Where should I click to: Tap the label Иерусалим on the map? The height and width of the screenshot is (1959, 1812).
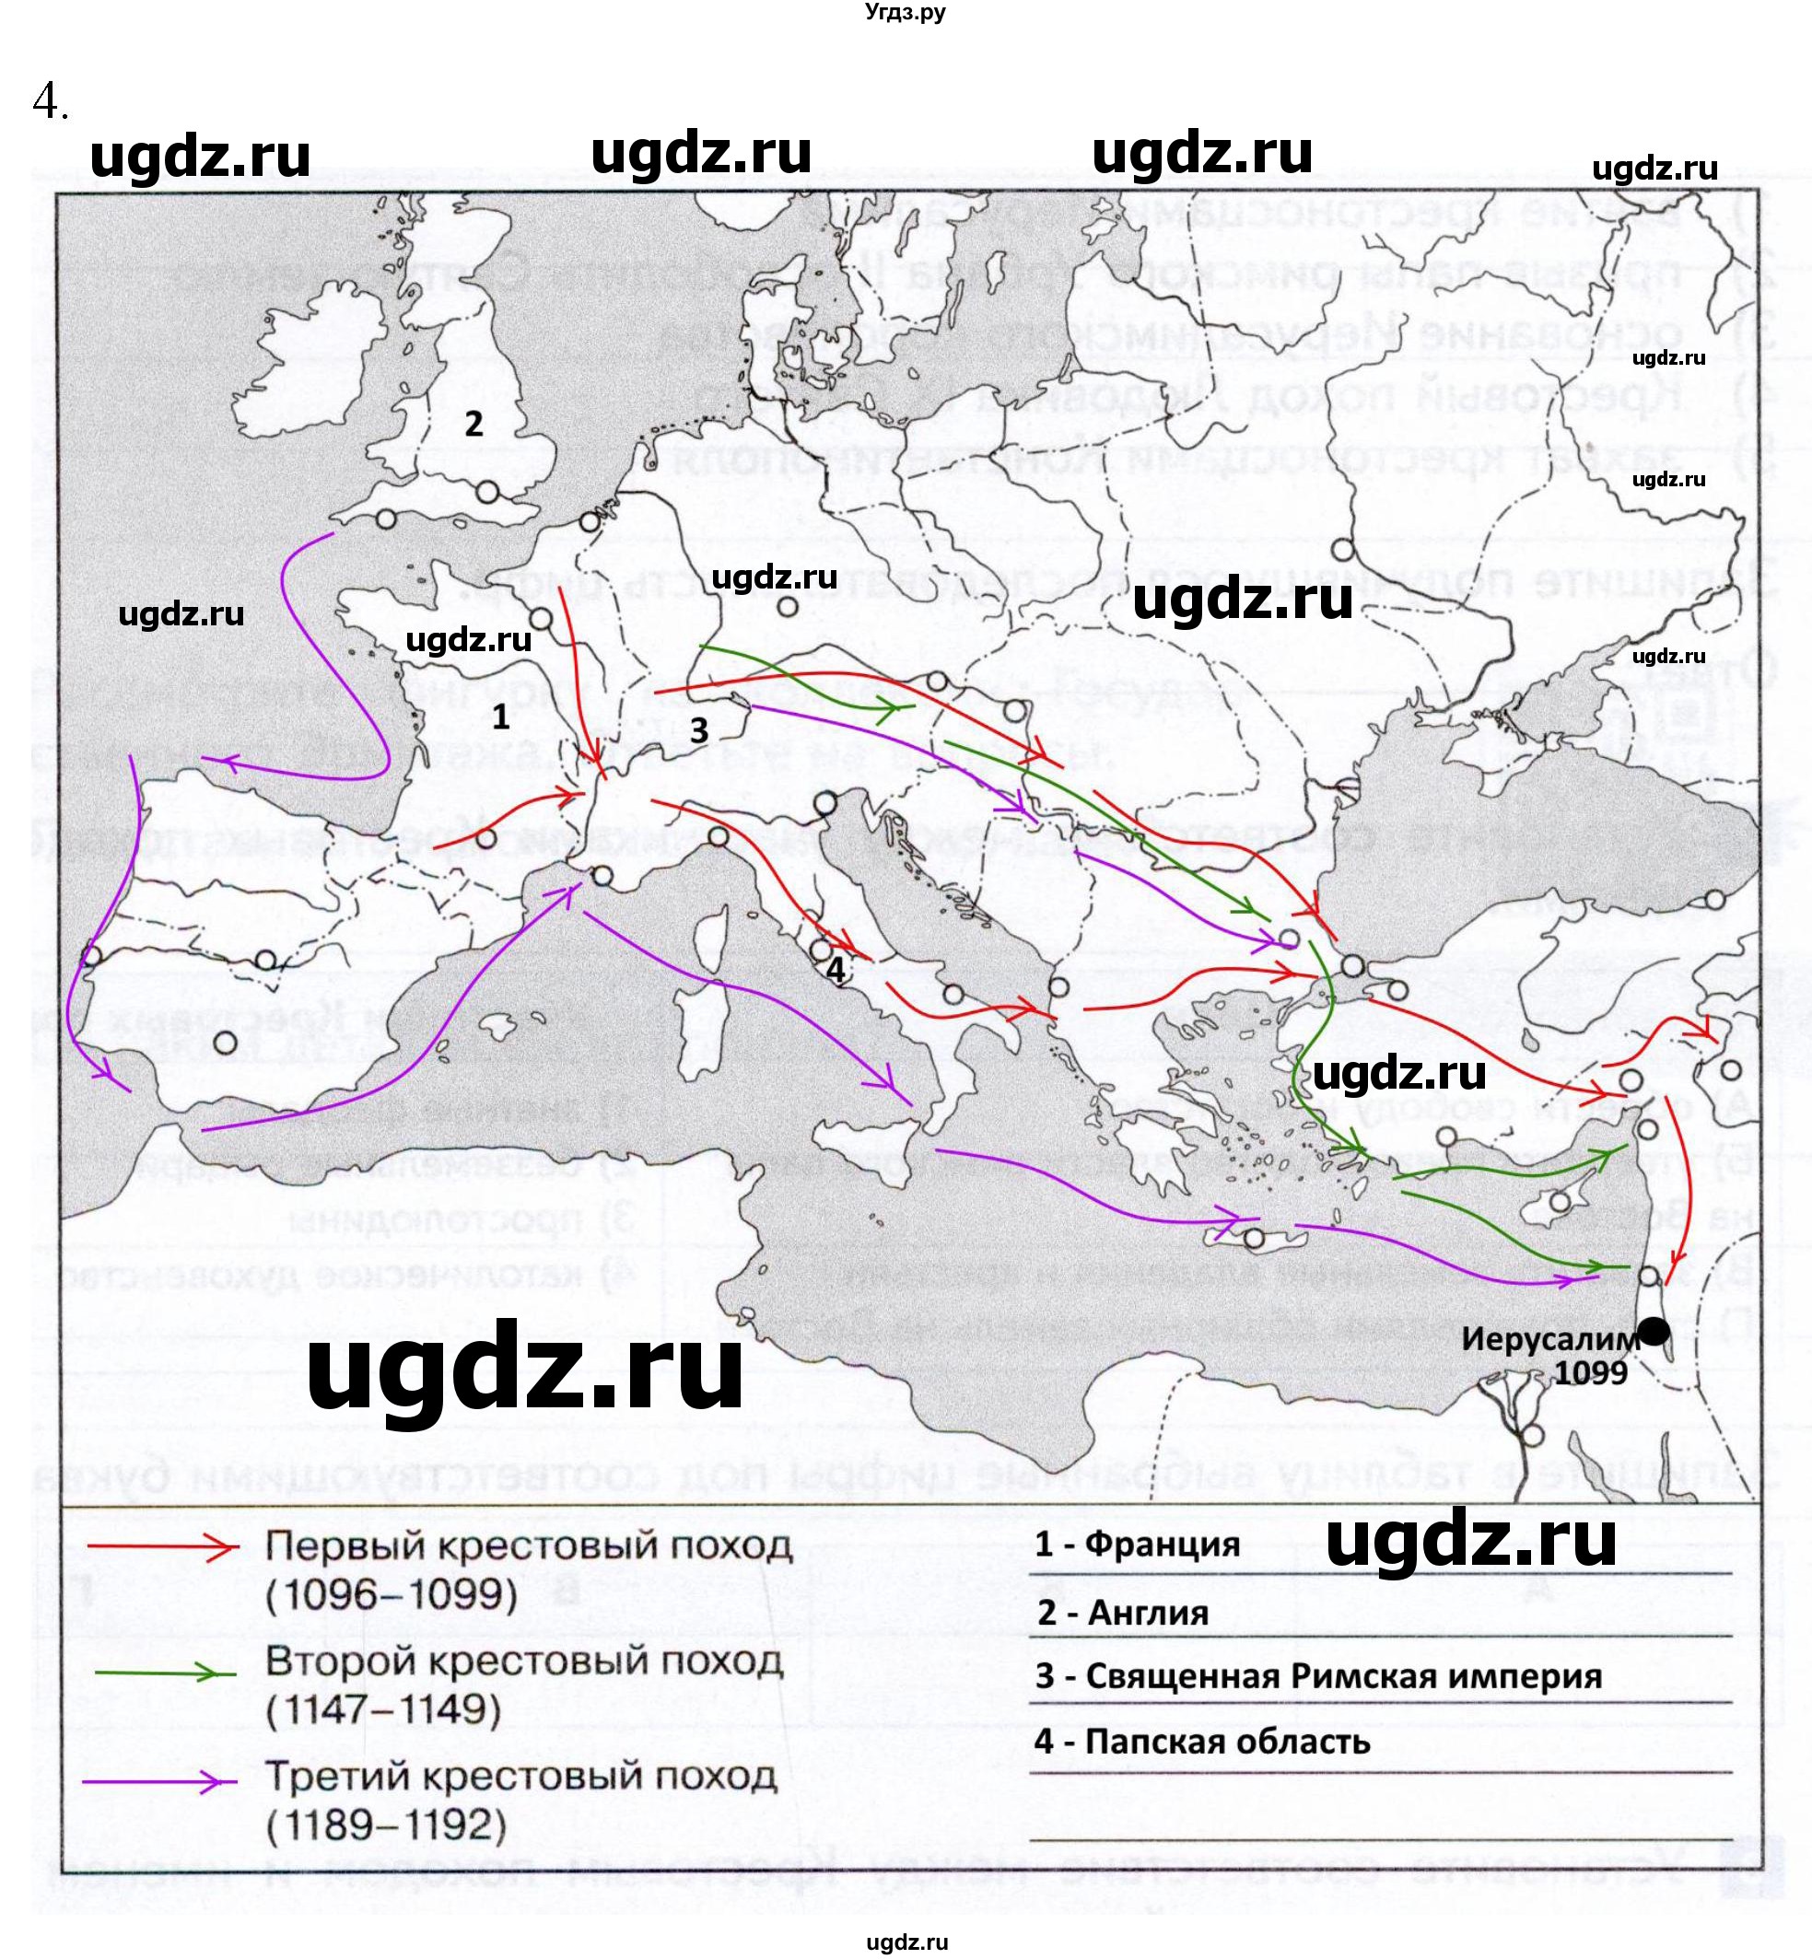click(1550, 1339)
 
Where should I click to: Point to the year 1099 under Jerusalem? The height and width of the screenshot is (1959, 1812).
click(1590, 1372)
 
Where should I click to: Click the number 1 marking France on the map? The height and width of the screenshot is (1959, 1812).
click(501, 717)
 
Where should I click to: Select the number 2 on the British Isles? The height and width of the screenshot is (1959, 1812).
click(473, 425)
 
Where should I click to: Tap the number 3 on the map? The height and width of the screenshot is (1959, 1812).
click(698, 730)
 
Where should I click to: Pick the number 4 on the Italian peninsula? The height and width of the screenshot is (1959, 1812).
click(836, 969)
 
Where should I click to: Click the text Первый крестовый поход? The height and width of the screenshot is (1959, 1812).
click(529, 1546)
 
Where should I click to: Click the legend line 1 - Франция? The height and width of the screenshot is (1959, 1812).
click(1138, 1545)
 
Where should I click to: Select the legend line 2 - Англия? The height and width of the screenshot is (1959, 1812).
click(1123, 1613)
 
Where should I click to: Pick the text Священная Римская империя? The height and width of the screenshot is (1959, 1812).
click(1343, 1676)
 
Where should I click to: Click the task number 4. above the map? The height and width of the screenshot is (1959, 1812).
click(49, 100)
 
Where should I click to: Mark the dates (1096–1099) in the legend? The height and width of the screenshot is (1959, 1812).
click(392, 1595)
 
